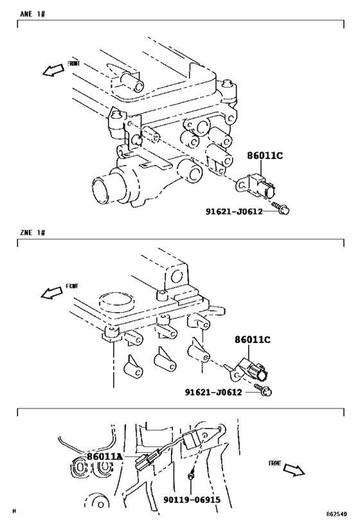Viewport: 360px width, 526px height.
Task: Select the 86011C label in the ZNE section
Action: click(x=253, y=340)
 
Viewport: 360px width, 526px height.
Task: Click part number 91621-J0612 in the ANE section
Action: click(x=234, y=211)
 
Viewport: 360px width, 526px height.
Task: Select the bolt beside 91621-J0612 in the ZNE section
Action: click(x=263, y=389)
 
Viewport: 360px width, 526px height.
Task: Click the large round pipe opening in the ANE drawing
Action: click(x=107, y=188)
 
